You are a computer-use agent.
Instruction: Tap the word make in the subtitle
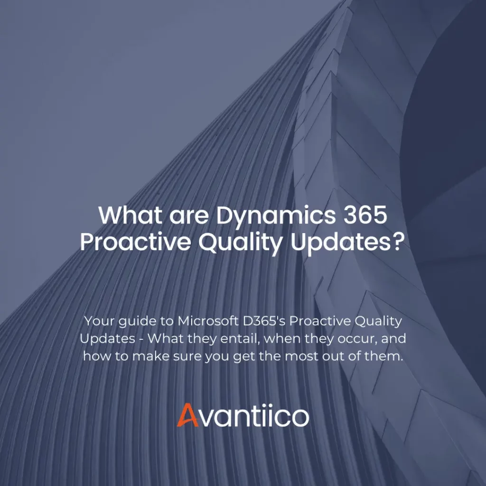point(148,356)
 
